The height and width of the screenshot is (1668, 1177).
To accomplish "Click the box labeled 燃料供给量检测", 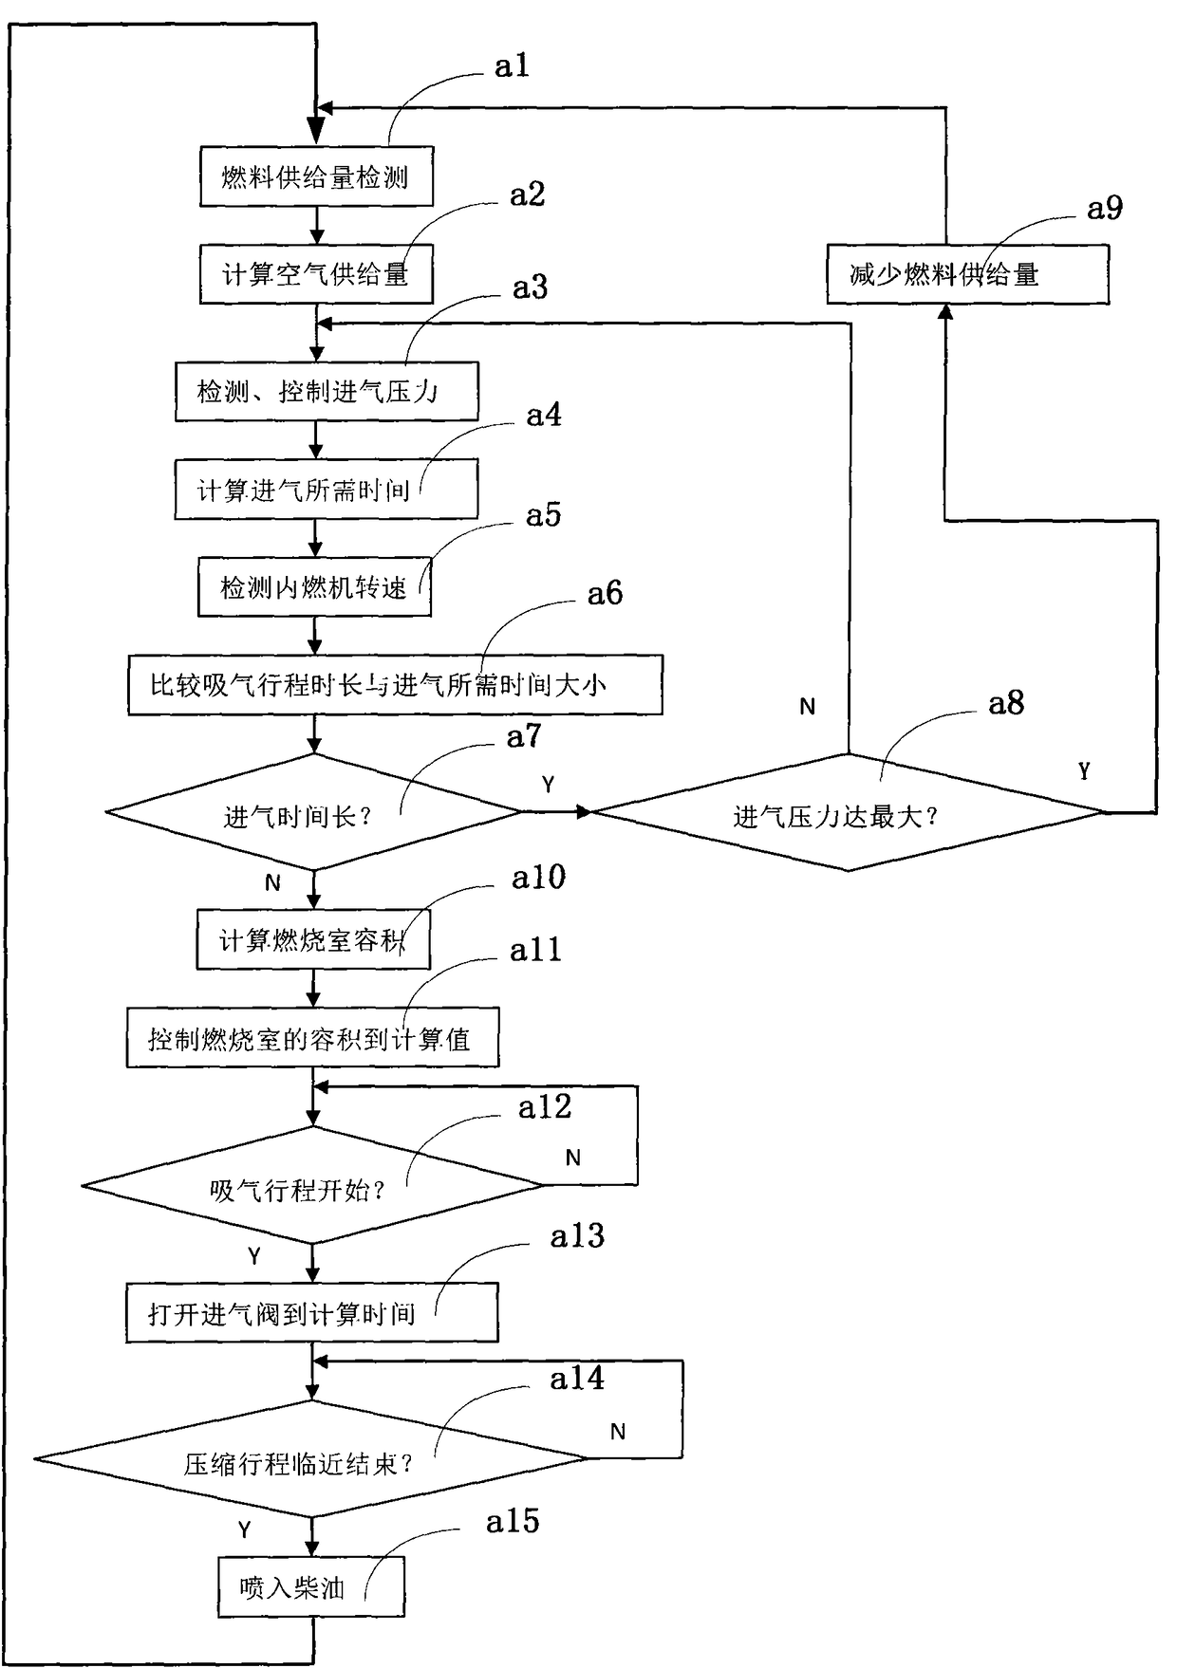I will point(316,176).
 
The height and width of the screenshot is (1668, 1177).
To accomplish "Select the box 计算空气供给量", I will point(316,274).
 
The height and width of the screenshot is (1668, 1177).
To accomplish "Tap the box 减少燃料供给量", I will point(966,274).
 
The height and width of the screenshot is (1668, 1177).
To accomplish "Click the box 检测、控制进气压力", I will point(326,391).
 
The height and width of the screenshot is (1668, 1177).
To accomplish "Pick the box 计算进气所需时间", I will point(326,490).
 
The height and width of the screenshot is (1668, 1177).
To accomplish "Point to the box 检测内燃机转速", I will point(314,587).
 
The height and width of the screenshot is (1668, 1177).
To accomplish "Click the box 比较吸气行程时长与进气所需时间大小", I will point(395,684).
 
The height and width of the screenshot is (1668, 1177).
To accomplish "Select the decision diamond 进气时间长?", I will point(314,812).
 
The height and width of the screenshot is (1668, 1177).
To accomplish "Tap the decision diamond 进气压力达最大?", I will point(848,813).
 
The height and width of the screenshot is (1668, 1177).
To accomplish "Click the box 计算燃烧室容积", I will point(312,939).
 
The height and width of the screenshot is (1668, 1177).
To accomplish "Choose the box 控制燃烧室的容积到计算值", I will point(312,1039).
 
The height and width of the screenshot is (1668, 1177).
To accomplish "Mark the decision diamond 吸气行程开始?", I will point(312,1186).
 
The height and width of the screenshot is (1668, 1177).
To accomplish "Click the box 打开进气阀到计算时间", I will point(311,1313).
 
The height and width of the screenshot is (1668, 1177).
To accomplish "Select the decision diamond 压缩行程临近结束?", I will point(310,1459).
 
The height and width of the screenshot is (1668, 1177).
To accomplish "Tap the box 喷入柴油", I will point(310,1586).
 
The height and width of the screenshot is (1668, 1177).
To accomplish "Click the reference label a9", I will point(1105,208).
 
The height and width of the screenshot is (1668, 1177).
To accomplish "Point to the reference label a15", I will point(513,1522).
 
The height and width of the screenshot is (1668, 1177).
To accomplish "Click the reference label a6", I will point(605,594).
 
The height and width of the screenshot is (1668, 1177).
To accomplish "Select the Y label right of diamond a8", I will point(1084,771).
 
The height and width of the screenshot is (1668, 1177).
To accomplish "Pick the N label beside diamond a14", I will point(618,1432).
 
